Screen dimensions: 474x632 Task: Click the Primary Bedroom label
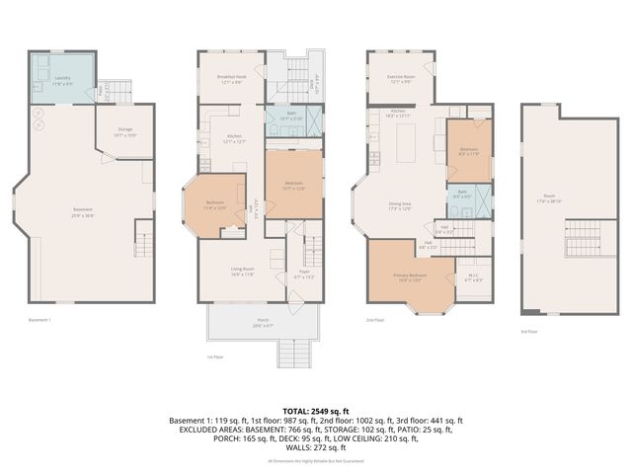click(x=412, y=276)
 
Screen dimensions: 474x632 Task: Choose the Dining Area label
click(x=400, y=205)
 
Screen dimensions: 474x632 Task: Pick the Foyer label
click(x=307, y=275)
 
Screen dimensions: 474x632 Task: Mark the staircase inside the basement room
click(x=144, y=239)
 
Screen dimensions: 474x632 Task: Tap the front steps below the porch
click(x=291, y=353)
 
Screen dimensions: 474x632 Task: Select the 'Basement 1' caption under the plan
click(x=39, y=320)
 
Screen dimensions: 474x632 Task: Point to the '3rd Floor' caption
click(x=529, y=332)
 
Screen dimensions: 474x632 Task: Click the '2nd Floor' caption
click(x=374, y=320)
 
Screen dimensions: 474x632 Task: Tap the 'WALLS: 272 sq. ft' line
click(x=315, y=448)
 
